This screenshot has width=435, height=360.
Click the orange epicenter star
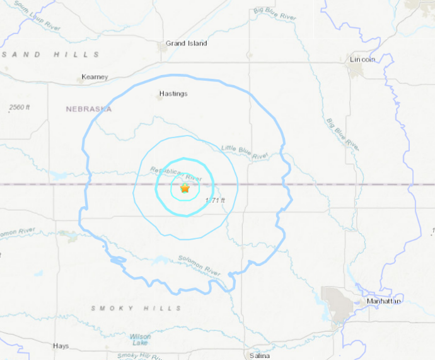click(185, 189)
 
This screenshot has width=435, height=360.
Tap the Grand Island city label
click(186, 44)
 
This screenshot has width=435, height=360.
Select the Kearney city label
click(95, 77)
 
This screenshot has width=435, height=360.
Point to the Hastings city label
click(173, 94)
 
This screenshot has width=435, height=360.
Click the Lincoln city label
click(362, 59)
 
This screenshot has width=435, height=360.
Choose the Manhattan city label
click(383, 301)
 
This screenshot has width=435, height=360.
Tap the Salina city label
click(259, 356)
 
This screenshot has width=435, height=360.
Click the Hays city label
click(61, 346)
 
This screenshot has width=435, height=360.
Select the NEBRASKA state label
click(89, 109)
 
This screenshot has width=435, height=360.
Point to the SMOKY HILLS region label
click(136, 308)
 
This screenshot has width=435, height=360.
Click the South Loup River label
click(37, 19)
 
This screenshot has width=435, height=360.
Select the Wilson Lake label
click(140, 340)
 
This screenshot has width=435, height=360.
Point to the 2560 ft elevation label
click(20, 108)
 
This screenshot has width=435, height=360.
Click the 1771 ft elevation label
click(215, 200)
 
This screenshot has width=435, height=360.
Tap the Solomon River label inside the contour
click(198, 265)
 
